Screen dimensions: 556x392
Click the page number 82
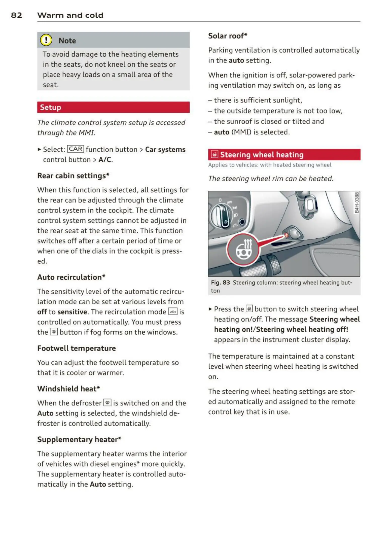click(17, 15)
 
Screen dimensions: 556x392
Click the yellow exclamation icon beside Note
click(46, 40)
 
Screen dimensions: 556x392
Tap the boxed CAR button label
click(76, 149)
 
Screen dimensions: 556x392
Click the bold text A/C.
click(105, 160)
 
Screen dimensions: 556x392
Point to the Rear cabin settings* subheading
click(73, 176)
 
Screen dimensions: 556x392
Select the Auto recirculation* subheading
click(71, 277)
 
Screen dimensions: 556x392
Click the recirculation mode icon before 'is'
click(173, 312)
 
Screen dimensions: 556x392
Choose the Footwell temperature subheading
click(77, 348)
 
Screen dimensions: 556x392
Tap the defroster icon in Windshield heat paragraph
click(107, 403)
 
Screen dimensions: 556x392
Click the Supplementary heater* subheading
click(79, 439)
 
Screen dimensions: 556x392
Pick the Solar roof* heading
click(228, 36)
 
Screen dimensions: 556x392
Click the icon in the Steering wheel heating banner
click(214, 154)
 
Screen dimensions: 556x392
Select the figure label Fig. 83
click(220, 283)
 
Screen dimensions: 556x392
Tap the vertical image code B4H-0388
click(357, 203)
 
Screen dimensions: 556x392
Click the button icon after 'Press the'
click(249, 309)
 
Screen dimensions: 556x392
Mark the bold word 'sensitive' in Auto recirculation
click(72, 312)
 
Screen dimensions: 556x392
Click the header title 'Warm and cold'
click(70, 15)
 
